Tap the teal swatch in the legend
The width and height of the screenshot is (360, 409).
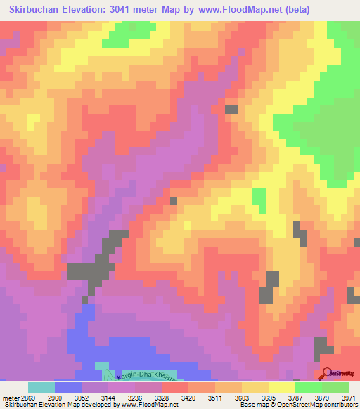point(41,387)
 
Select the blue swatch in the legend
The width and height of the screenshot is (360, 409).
point(68,387)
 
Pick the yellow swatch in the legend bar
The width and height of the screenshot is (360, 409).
point(282,387)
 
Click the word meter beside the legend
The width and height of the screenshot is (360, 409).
point(8,398)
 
